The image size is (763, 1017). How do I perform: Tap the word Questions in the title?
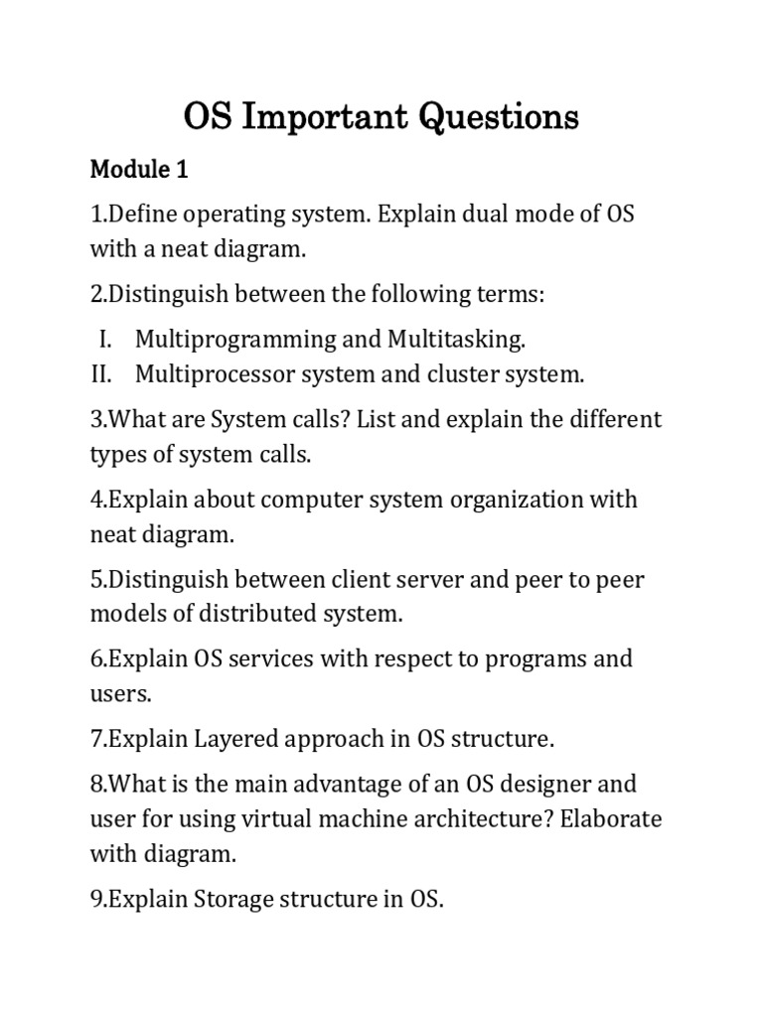pos(499,117)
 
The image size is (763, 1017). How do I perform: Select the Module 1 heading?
pos(139,170)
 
